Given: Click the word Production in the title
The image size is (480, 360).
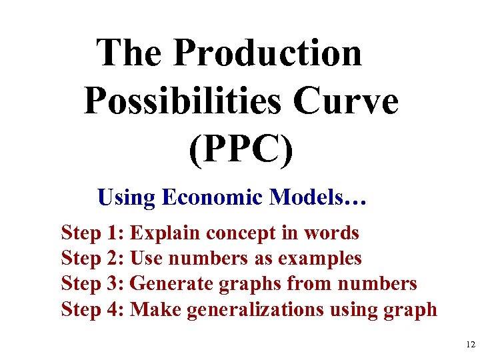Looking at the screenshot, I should point(268,53).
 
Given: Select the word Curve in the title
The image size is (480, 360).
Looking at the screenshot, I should point(345,102).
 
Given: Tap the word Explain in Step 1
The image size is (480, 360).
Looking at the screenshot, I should point(165,233).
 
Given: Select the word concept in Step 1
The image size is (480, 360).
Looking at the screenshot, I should point(238,233).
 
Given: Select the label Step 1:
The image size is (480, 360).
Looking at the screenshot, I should point(93,233).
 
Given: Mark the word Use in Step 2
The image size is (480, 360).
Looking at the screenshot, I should point(145,258).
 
